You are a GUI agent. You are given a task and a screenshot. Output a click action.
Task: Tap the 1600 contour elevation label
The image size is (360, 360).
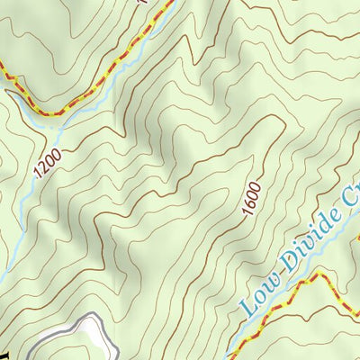click(x=251, y=197)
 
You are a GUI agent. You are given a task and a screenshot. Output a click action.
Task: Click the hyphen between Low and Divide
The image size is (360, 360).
click(x=276, y=283)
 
